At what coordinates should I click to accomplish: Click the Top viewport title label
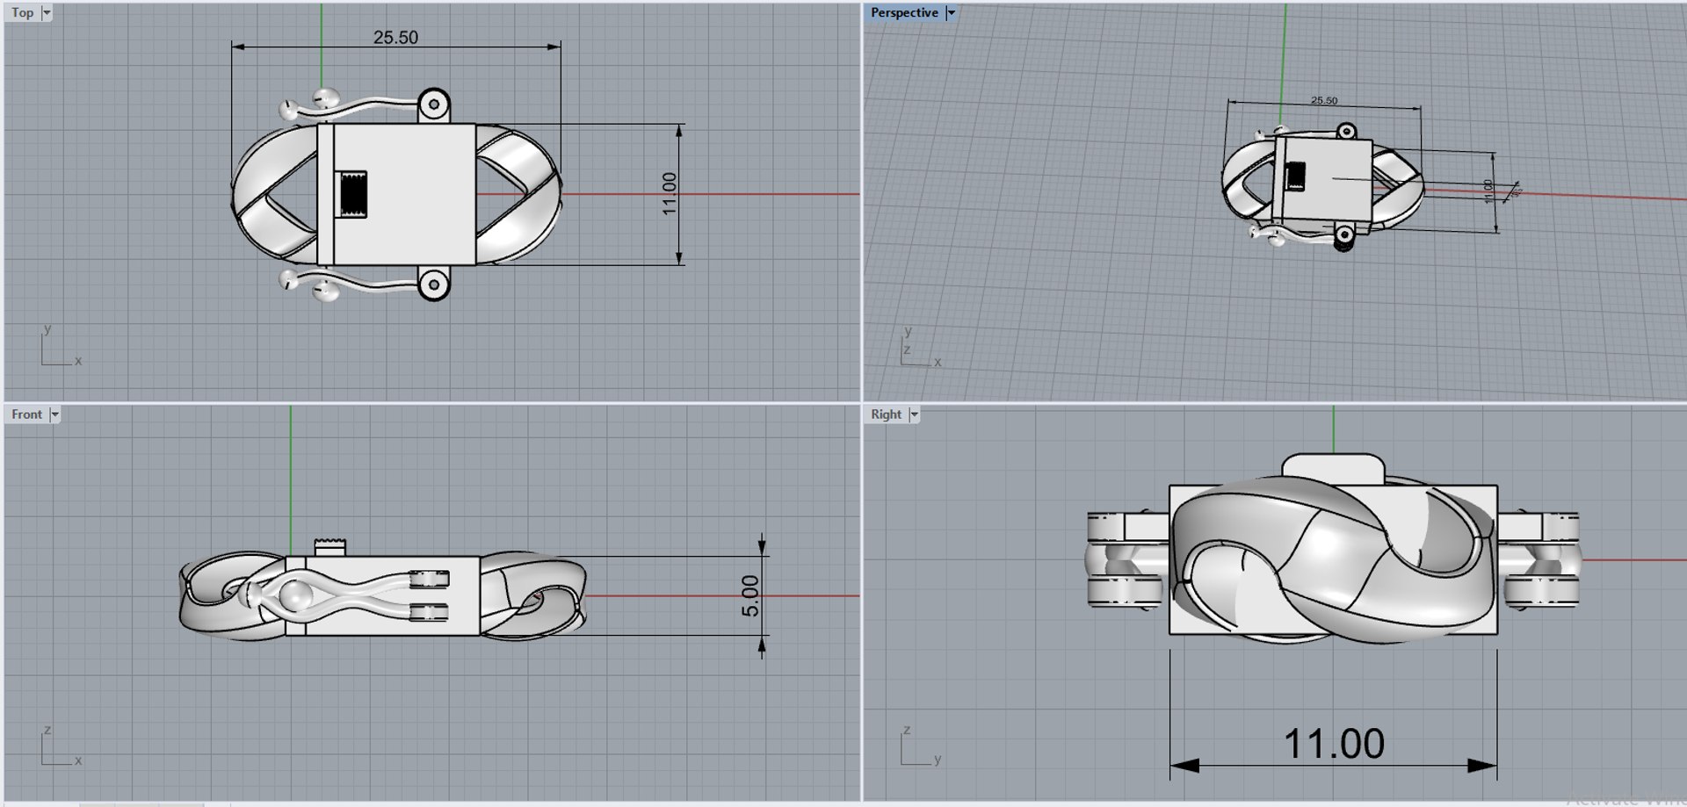[x=23, y=13]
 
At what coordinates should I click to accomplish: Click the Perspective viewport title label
[x=904, y=13]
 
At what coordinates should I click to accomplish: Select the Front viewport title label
[x=26, y=414]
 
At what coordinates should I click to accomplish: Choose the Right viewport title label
[x=886, y=414]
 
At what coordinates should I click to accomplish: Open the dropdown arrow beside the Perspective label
[x=951, y=13]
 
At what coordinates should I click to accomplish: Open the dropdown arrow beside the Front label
[x=55, y=414]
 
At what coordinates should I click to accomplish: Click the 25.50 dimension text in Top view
[x=395, y=38]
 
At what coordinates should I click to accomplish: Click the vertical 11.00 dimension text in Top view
[x=670, y=193]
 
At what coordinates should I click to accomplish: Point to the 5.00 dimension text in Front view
[x=750, y=595]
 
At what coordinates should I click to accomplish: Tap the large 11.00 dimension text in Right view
[x=1334, y=744]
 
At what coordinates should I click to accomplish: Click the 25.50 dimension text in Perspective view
[x=1324, y=101]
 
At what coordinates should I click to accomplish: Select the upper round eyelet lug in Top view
[x=433, y=105]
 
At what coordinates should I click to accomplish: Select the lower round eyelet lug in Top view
[x=433, y=284]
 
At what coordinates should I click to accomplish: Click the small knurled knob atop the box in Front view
[x=330, y=547]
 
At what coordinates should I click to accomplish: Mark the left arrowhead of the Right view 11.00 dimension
[x=1183, y=766]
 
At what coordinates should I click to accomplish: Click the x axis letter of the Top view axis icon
[x=78, y=361]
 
